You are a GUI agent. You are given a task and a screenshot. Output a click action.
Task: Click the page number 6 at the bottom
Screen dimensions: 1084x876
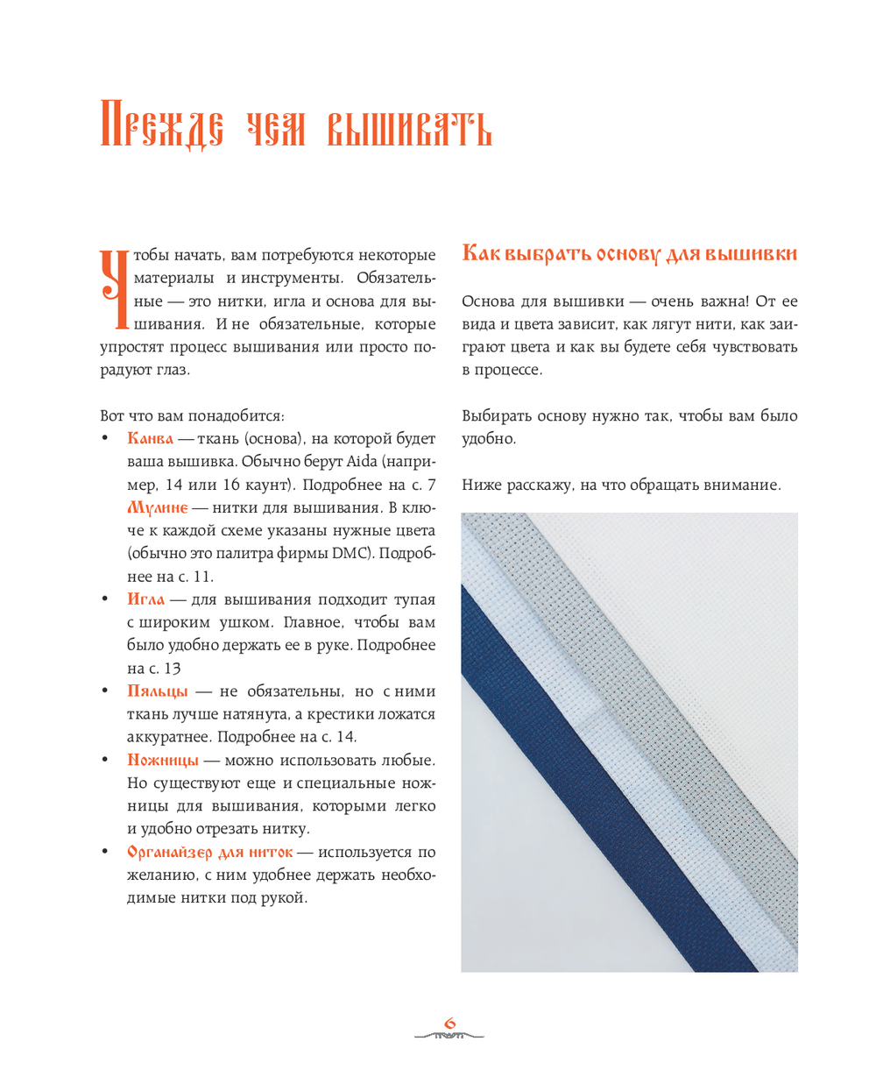450,1023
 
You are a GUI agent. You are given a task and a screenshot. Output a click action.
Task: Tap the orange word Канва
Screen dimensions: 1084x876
150,438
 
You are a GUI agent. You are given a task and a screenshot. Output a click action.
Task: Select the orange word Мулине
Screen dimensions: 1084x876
158,507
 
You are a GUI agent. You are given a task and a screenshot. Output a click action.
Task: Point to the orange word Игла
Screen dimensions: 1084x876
145,599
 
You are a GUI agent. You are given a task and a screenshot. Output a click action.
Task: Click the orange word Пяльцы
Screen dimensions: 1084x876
158,691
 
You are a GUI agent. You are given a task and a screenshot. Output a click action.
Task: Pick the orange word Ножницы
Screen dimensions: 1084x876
163,760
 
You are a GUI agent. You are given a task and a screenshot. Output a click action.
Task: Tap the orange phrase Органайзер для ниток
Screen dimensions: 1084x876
209,852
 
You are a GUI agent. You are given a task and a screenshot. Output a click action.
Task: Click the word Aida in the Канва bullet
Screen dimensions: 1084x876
362,462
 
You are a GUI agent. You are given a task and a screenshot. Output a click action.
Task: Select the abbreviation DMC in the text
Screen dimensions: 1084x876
346,554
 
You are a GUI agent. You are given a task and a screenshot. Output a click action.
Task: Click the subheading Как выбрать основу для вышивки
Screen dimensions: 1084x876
629,254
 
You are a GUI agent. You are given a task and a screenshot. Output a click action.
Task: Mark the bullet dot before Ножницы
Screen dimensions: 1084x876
105,760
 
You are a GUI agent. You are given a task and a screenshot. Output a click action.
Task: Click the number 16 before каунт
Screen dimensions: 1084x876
231,485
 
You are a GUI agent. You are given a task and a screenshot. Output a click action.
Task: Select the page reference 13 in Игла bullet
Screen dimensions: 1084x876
173,669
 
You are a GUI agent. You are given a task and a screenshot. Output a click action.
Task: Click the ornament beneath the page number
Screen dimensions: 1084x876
449,1037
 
